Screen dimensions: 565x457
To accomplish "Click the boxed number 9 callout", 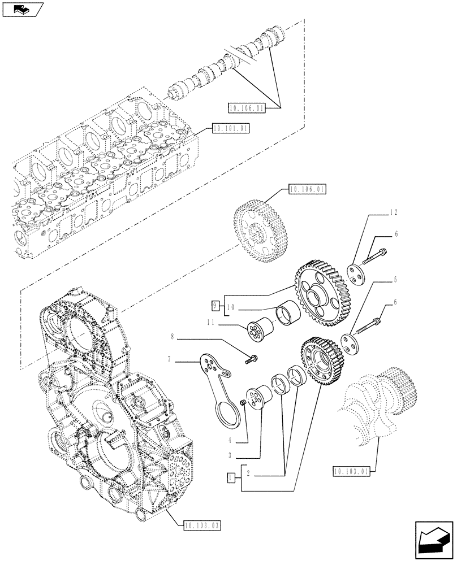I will coord(215,305).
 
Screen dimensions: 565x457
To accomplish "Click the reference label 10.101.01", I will coord(230,129).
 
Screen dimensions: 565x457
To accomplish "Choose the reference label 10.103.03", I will coord(202,525).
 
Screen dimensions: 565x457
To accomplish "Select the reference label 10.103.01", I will coord(352,472).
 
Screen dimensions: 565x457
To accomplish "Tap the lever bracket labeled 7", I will coord(217,384).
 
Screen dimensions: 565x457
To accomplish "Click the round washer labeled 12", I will coord(357,275).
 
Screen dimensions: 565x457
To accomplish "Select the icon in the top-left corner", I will coord(22,10).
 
